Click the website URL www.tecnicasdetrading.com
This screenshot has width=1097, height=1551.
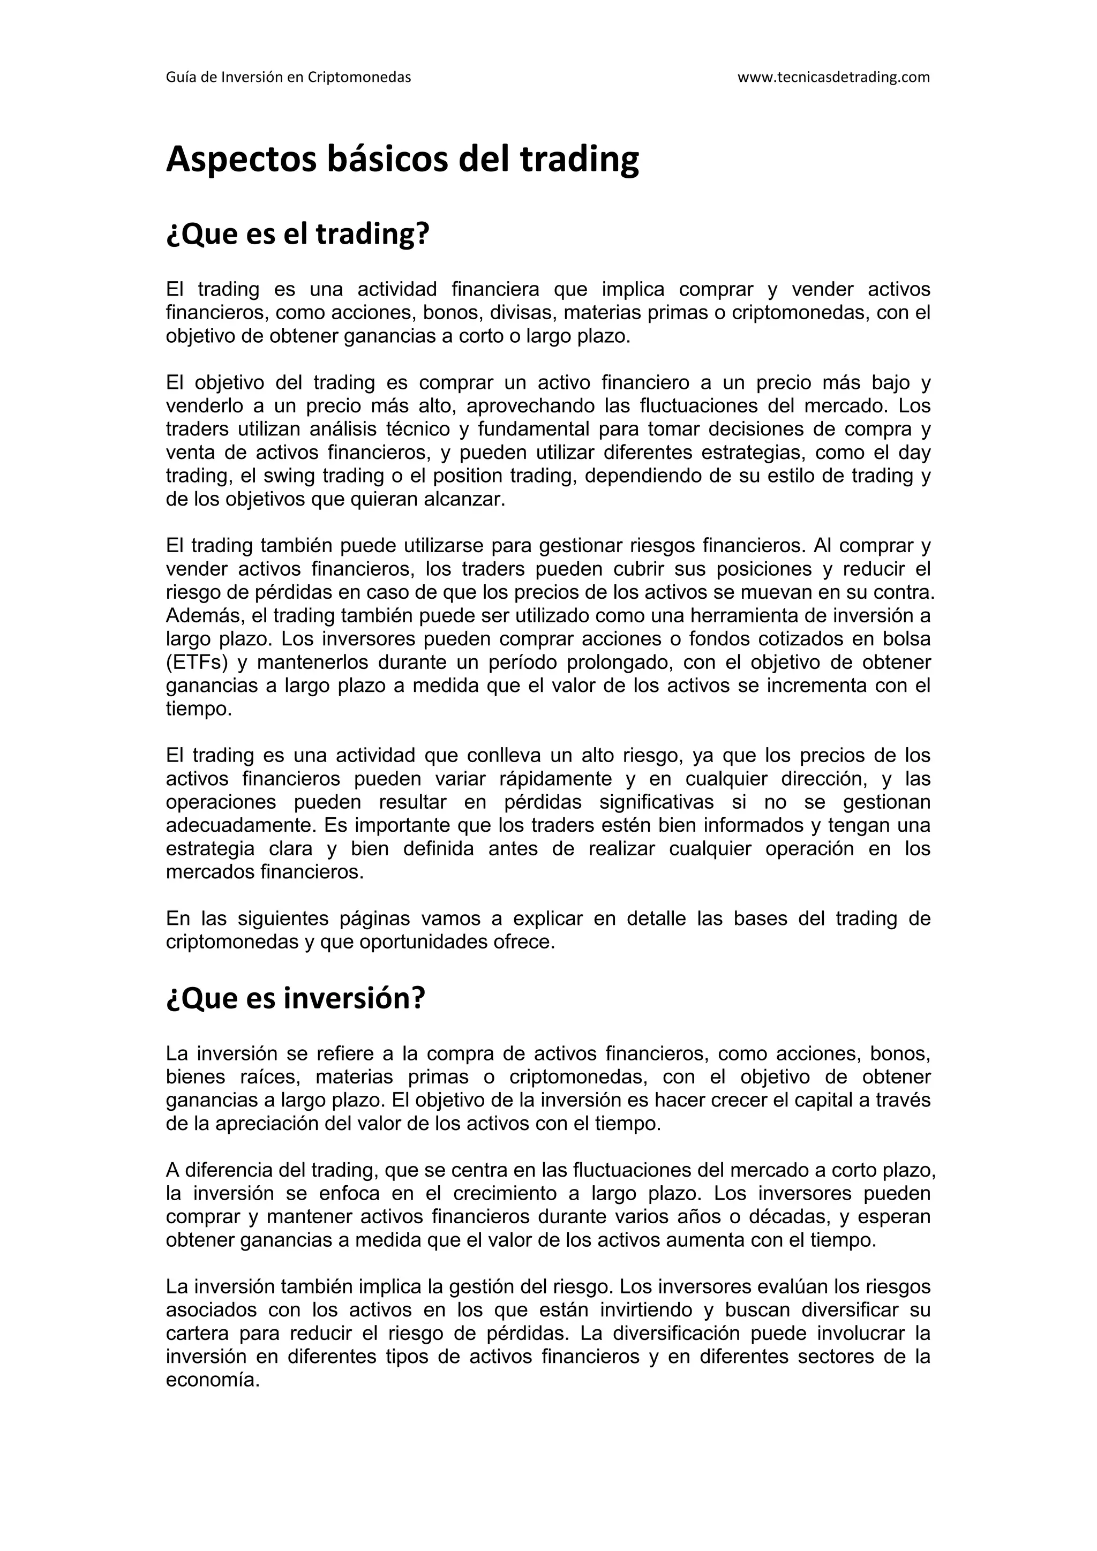click(x=833, y=77)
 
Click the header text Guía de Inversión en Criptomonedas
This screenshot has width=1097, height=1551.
click(x=288, y=77)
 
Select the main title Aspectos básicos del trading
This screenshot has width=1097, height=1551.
click(x=402, y=160)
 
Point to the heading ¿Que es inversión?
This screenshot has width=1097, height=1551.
click(x=295, y=998)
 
